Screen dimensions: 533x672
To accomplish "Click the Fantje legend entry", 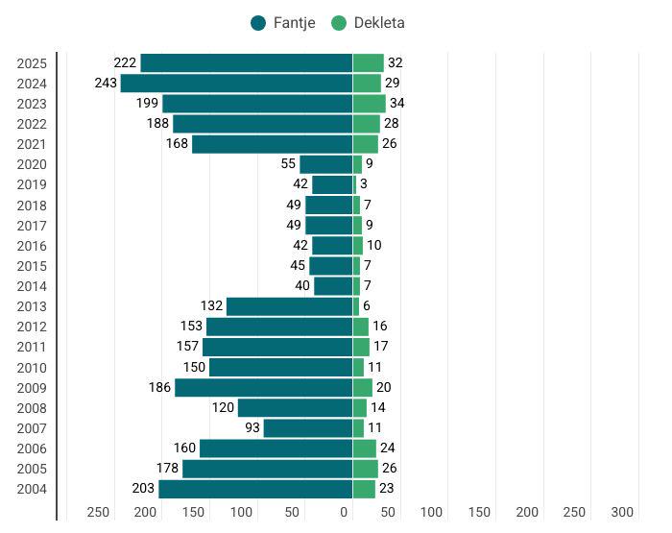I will [x=282, y=23].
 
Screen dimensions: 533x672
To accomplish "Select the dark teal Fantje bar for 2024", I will [x=236, y=84].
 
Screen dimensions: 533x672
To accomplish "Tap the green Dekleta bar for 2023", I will [x=369, y=104].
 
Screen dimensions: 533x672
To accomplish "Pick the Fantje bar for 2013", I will [x=289, y=306].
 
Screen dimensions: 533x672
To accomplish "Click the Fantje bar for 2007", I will [x=307, y=428].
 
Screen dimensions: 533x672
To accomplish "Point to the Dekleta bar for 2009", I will [x=362, y=388].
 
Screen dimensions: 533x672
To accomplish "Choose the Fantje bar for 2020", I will [x=325, y=164].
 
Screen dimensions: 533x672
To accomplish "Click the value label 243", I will [x=106, y=84].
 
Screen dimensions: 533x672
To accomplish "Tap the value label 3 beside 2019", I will [x=364, y=184].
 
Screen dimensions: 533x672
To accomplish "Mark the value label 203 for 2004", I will [x=143, y=489].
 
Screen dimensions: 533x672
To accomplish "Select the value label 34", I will [x=397, y=104].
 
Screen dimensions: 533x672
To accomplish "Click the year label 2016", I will [x=32, y=246].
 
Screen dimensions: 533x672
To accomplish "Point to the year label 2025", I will [x=32, y=63].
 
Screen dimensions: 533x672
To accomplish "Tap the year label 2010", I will [x=32, y=368].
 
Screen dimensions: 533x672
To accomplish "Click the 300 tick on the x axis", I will [x=623, y=512].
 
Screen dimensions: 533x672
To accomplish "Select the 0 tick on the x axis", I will [x=345, y=512].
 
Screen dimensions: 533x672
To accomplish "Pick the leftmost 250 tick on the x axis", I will [x=98, y=512].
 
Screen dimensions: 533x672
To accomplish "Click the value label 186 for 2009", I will [x=159, y=388].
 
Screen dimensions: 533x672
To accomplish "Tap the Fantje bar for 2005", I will [x=267, y=469].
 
